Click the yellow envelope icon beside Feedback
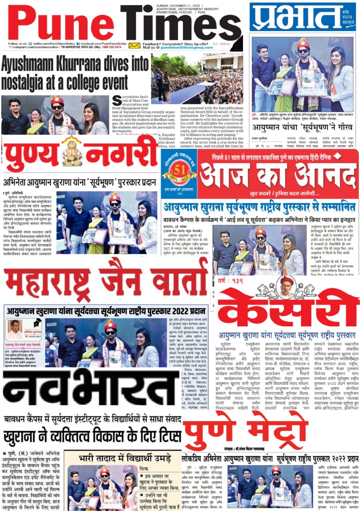point(135,46)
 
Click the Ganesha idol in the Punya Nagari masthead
point(72,151)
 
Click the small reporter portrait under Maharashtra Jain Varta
point(14,329)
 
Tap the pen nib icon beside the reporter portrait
point(37,322)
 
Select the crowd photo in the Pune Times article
point(197,79)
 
